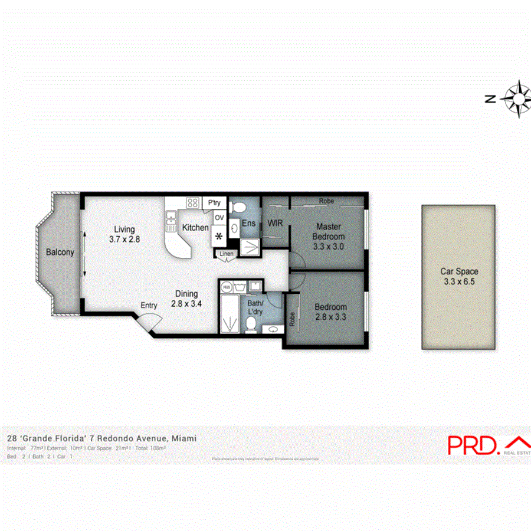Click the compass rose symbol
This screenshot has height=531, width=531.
tap(517, 99)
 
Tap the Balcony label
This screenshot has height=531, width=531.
tap(60, 253)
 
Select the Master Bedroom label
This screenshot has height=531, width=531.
tap(329, 231)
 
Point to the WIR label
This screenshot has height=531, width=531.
tap(275, 224)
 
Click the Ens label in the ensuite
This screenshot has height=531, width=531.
tap(248, 224)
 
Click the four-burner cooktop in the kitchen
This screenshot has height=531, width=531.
tap(192, 202)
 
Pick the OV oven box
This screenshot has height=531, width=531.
tap(219, 218)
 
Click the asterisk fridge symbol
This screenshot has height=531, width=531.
tap(219, 237)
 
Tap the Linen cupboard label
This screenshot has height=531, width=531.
tap(227, 254)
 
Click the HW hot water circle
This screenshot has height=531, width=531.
tap(226, 287)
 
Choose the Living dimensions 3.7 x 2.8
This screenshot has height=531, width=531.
tap(124, 240)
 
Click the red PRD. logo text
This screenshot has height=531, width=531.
tap(473, 444)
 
